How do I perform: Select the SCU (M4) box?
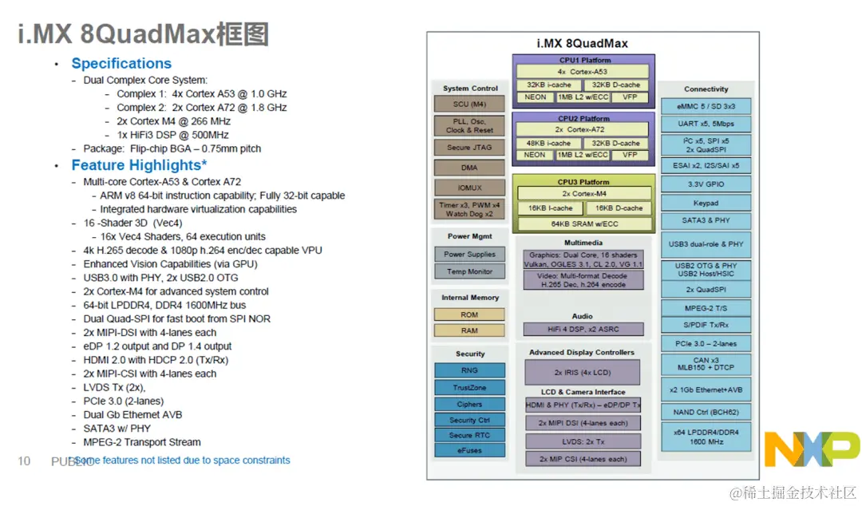[x=469, y=104]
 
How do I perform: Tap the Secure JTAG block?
[x=469, y=148]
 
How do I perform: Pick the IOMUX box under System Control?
[x=469, y=188]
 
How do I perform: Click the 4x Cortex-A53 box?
[x=583, y=72]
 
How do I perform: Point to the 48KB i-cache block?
[x=548, y=144]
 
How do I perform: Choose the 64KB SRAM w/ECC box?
[x=583, y=223]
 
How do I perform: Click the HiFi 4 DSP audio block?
[x=583, y=329]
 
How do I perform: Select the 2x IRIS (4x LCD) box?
[x=583, y=372]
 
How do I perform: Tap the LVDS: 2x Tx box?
[x=583, y=441]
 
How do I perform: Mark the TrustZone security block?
[x=469, y=387]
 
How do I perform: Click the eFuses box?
[x=469, y=451]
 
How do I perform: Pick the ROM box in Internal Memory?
[x=469, y=314]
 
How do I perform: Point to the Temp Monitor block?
[x=469, y=271]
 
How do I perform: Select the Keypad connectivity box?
[x=706, y=203]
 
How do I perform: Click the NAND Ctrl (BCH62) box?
[x=706, y=413]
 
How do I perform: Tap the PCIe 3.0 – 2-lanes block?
[x=706, y=344]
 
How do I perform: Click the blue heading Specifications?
[x=121, y=64]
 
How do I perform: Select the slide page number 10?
[x=24, y=461]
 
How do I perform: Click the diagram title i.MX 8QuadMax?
[x=583, y=44]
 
